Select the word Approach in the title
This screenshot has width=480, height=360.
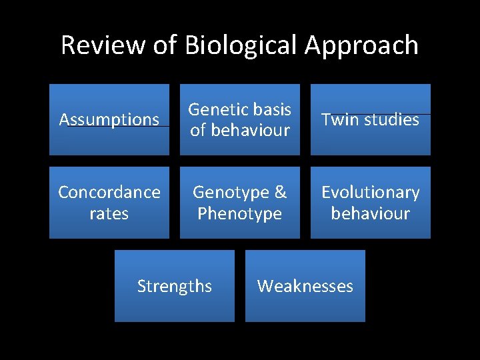point(362,45)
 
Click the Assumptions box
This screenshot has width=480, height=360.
point(109,119)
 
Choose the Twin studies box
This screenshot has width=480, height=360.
point(371,119)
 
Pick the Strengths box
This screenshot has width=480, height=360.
point(175,286)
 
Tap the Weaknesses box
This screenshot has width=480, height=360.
point(305,286)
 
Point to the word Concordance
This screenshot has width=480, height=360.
point(109,193)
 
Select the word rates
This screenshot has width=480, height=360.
point(109,213)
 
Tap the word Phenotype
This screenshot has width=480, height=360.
point(240,213)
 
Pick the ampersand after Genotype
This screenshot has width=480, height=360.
point(280,193)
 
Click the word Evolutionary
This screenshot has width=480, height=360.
point(371,193)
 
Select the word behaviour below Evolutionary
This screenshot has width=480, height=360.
point(371,213)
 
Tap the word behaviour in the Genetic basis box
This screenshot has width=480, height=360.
point(249,130)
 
